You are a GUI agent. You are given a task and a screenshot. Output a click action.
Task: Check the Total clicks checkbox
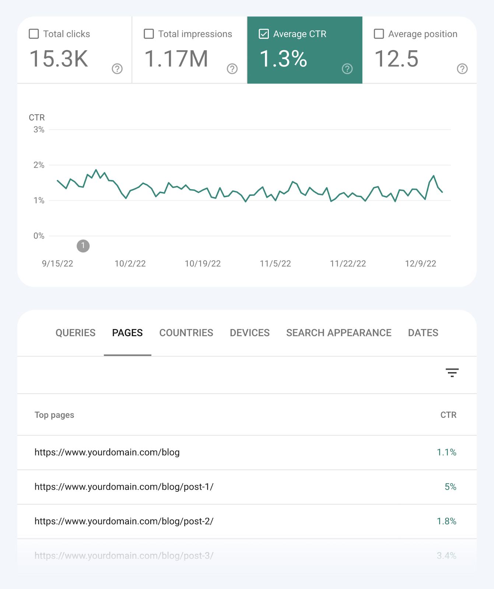point(34,34)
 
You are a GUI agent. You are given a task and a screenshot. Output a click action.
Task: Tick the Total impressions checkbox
point(149,34)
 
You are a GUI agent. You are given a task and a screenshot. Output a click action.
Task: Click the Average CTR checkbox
point(264,34)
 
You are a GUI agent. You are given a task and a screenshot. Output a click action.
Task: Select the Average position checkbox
point(379,34)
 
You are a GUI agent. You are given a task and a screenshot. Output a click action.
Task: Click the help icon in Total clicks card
point(117,69)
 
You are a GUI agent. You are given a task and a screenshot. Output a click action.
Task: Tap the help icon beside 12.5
point(462,69)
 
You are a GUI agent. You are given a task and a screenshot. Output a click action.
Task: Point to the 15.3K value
point(59,59)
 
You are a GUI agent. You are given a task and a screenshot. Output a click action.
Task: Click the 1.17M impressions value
point(176,59)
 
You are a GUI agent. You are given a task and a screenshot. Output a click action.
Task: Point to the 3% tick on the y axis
point(39,130)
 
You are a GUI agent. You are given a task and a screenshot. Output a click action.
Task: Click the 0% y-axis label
point(39,236)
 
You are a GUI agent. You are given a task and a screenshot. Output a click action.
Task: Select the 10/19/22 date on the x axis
point(203,264)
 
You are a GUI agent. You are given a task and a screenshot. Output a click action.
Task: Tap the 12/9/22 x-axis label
point(420,264)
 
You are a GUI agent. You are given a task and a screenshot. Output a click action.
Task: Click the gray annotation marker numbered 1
point(83,246)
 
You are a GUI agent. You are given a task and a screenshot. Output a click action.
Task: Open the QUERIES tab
point(76,333)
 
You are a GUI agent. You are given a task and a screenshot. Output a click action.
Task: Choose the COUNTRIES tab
point(186,333)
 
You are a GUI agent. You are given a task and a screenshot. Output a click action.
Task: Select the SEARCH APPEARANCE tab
point(339,333)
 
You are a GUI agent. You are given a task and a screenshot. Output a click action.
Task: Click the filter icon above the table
point(452,373)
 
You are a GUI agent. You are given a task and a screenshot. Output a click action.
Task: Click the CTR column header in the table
point(448,415)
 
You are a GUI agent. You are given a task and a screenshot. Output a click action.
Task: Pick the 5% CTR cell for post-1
point(450,487)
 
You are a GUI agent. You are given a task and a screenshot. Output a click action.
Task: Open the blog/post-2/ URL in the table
point(124,521)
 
